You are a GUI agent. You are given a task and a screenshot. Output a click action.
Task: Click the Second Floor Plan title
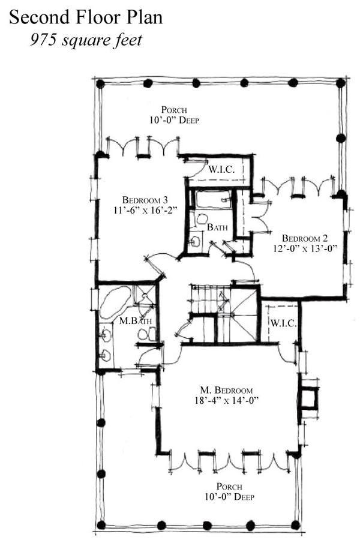coord(86,17)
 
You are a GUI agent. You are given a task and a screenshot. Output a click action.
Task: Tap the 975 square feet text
coord(86,40)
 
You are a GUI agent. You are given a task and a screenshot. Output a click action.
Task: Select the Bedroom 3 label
coord(145,200)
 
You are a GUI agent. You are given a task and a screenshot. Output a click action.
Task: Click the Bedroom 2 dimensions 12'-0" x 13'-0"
coord(305,248)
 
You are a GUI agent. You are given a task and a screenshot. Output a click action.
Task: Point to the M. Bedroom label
coord(226,390)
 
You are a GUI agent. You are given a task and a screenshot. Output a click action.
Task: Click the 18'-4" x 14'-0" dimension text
coord(226,400)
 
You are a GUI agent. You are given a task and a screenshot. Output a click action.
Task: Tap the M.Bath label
coord(136,321)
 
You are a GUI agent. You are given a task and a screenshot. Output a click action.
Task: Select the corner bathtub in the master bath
coord(114,302)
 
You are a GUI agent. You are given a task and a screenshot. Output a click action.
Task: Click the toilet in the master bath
coord(147,334)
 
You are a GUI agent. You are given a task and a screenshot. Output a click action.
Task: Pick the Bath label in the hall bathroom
coord(217,227)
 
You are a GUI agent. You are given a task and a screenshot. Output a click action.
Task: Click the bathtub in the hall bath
coord(213,200)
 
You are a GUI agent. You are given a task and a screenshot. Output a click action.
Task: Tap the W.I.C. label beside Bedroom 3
coord(221,169)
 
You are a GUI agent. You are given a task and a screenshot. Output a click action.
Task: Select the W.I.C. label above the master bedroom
coord(283,323)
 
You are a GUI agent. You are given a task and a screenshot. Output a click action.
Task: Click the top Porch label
coord(174,109)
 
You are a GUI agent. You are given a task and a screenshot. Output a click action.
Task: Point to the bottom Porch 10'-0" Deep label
coord(229,491)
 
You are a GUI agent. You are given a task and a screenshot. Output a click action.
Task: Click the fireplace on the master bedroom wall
coord(308,398)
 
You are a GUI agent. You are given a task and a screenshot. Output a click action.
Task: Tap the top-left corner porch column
coord(100,84)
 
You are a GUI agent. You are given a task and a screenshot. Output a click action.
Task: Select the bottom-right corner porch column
coord(296,525)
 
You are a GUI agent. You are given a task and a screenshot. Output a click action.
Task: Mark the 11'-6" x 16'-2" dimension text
coord(145,210)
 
